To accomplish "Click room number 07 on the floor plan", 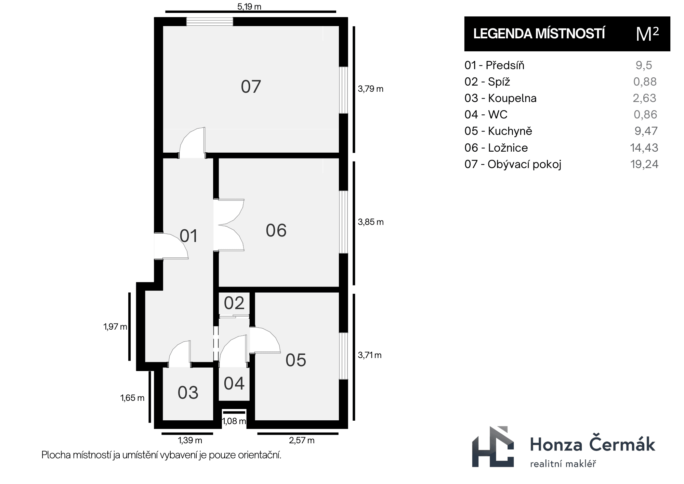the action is click(251, 87).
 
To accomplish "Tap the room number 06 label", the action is click(276, 230).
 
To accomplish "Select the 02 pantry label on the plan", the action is click(234, 303).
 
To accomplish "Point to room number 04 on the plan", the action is click(234, 383).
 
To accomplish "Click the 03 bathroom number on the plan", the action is click(188, 393).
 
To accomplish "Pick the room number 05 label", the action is click(296, 360).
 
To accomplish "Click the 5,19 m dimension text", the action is click(249, 7).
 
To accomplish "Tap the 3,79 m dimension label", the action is click(371, 89).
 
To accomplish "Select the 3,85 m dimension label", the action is click(371, 222).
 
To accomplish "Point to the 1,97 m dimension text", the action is click(115, 327).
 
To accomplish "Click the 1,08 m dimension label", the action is click(234, 421).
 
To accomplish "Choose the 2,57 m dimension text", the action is click(302, 440).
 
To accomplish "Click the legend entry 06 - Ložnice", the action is click(496, 148).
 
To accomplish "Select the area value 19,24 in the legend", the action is click(644, 164).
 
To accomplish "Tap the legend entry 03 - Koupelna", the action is click(500, 98).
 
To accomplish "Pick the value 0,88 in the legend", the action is click(645, 81).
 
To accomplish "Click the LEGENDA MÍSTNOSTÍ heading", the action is click(539, 34).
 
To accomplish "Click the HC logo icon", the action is click(493, 447).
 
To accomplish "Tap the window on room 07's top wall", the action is click(210, 22).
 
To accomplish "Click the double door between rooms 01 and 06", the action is click(229, 225).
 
